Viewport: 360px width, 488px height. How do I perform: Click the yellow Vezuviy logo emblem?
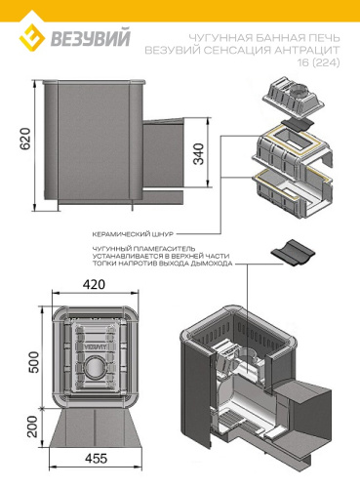(32, 39)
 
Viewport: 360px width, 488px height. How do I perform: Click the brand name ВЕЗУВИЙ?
(91, 38)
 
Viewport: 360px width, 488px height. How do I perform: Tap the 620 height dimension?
(25, 139)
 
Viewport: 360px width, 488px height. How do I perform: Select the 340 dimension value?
(198, 153)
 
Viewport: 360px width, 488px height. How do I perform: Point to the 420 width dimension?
(94, 284)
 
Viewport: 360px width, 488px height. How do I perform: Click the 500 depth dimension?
(33, 362)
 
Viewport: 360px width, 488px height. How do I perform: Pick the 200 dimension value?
(33, 427)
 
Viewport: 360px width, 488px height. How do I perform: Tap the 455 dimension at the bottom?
(96, 459)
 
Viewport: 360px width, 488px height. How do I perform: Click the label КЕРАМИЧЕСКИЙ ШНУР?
(133, 234)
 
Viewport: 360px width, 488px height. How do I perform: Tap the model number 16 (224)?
(319, 61)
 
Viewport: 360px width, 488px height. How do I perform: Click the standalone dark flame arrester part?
(293, 253)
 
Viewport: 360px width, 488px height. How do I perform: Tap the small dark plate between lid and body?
(296, 124)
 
